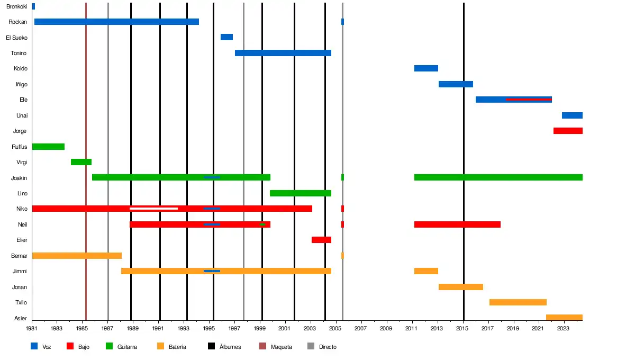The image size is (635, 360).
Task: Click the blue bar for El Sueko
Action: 226,37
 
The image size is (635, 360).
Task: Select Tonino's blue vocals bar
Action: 283,53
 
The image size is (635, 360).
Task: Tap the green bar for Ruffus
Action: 48,147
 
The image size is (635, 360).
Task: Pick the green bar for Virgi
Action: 81,162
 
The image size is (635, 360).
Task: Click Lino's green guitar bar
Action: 301,193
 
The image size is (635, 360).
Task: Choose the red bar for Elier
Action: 321,240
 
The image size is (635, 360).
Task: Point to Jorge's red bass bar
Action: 568,131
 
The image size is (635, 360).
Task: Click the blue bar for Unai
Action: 572,115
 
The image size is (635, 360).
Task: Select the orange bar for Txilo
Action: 518,302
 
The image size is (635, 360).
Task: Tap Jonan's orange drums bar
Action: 461,287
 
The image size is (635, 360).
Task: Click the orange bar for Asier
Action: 564,318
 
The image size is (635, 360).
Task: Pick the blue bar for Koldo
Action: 426,68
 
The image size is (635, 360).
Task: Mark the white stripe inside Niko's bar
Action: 153,209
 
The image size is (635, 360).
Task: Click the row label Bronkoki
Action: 16,6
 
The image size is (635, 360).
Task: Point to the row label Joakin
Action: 19,178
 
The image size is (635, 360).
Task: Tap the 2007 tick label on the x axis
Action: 361,329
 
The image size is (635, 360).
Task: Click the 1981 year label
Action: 32,329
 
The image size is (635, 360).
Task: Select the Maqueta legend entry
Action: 281,347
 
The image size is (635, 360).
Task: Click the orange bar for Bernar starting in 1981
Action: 77,256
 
